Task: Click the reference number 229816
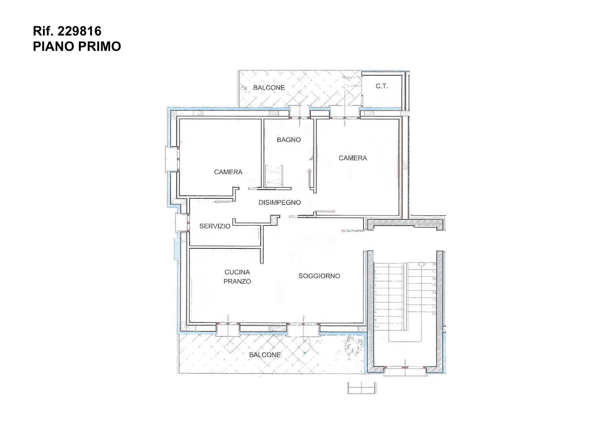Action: [x=79, y=31]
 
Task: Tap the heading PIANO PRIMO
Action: [x=77, y=46]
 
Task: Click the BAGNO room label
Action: [x=289, y=140]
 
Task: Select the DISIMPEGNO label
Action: [x=279, y=202]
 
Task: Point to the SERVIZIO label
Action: [x=215, y=226]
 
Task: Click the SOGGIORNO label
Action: [x=319, y=276]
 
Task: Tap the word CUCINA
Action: [x=237, y=272]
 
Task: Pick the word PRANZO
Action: [x=237, y=281]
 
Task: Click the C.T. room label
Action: [x=382, y=86]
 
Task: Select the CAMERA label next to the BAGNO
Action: [x=353, y=158]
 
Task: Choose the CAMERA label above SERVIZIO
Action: [x=228, y=172]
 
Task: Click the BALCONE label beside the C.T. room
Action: [x=269, y=88]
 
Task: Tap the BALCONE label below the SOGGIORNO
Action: [x=265, y=355]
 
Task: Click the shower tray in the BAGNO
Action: [x=274, y=175]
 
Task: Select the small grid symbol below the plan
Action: [x=361, y=388]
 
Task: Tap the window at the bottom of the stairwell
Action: [x=405, y=370]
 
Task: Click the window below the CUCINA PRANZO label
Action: [x=228, y=328]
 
